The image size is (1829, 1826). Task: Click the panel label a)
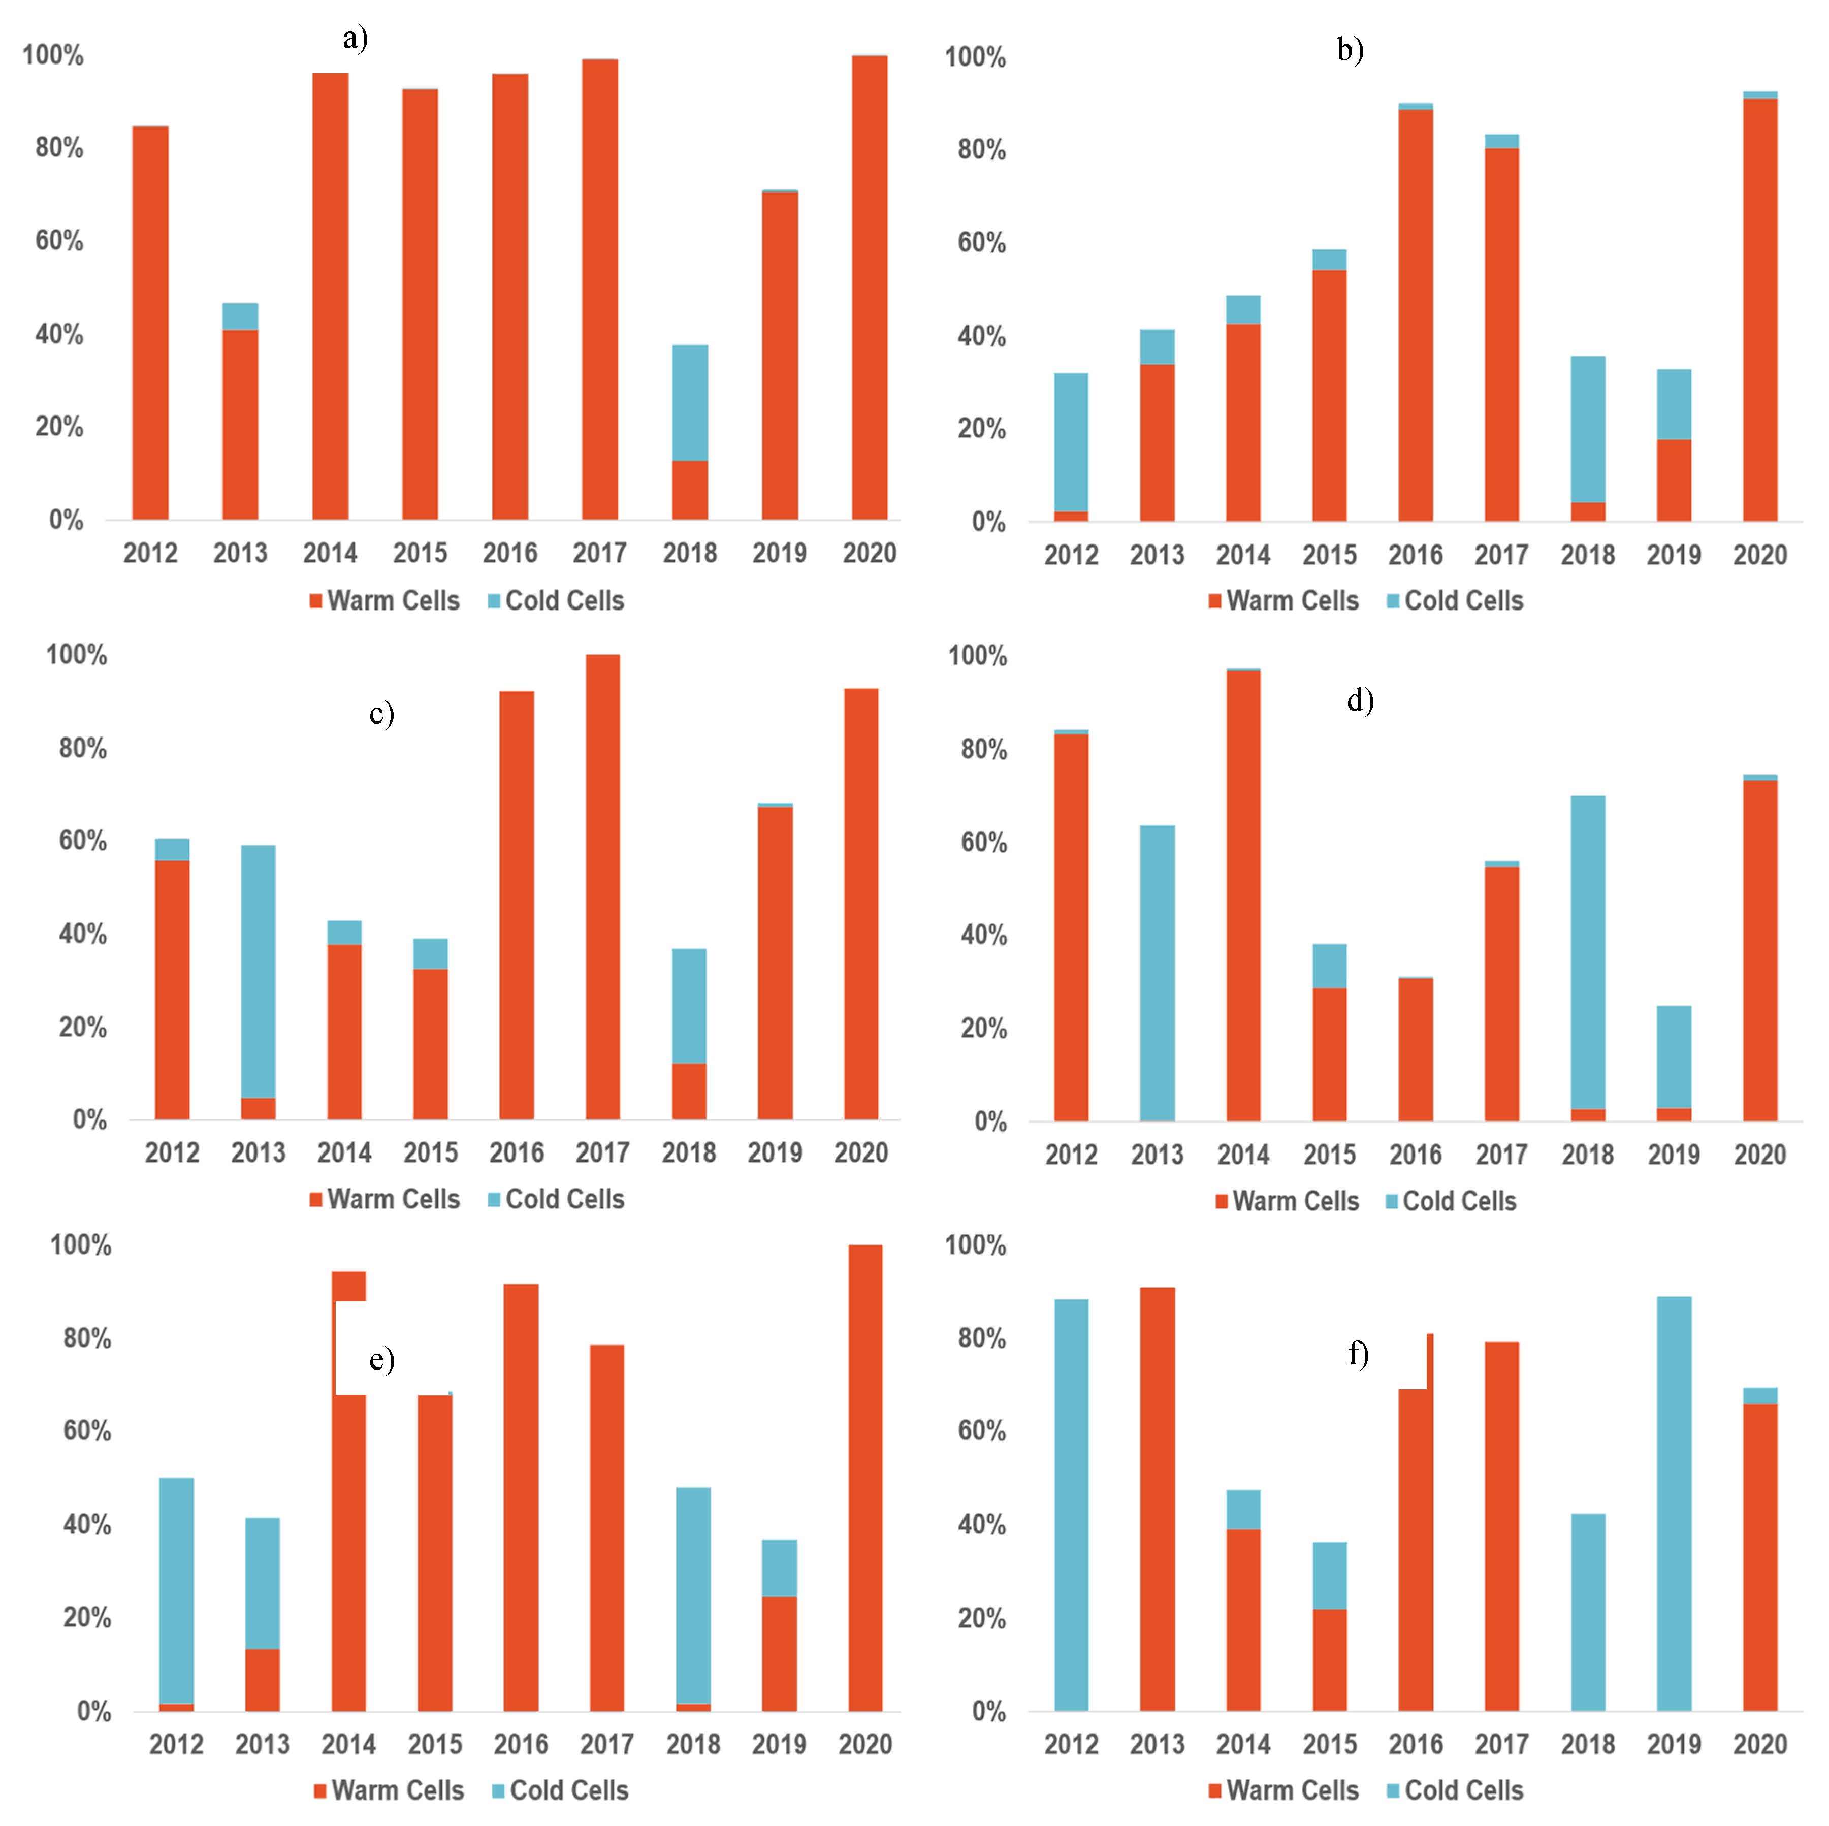355,39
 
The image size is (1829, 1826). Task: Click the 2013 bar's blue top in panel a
240,316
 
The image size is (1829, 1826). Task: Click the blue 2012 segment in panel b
1071,441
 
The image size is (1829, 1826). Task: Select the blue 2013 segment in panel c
259,970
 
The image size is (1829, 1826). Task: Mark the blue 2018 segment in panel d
1588,951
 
